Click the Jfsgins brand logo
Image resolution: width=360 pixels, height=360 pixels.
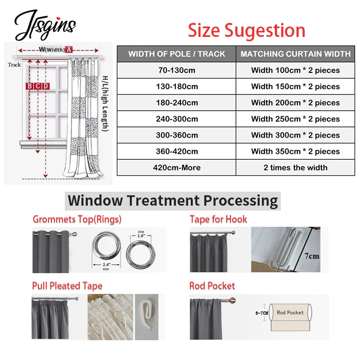click(45, 25)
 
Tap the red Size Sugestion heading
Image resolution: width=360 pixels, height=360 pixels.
click(247, 30)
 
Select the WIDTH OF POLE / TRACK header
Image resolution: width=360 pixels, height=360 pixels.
click(176, 54)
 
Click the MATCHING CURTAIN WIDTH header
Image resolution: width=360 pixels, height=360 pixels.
click(295, 54)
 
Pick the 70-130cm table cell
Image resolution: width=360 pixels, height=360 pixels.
click(176, 70)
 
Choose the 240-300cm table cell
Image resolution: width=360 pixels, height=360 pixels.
click(176, 119)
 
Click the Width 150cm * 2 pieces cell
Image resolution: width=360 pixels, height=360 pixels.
click(295, 86)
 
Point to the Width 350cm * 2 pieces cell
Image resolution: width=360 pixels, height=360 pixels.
click(295, 151)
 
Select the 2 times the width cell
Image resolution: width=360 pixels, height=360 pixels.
click(295, 167)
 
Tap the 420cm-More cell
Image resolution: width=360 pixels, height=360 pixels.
click(176, 167)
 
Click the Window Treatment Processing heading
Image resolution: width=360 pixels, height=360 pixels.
click(173, 200)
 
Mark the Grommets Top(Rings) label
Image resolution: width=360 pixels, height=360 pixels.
click(77, 220)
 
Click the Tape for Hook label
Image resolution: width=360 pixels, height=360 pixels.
click(218, 220)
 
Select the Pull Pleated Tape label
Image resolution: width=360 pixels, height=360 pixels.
click(67, 286)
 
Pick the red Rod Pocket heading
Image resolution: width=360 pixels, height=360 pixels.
click(212, 286)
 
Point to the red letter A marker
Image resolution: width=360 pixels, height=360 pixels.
click(69, 49)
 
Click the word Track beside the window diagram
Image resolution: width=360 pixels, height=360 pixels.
click(14, 65)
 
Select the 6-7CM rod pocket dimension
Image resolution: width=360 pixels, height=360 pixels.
click(261, 312)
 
